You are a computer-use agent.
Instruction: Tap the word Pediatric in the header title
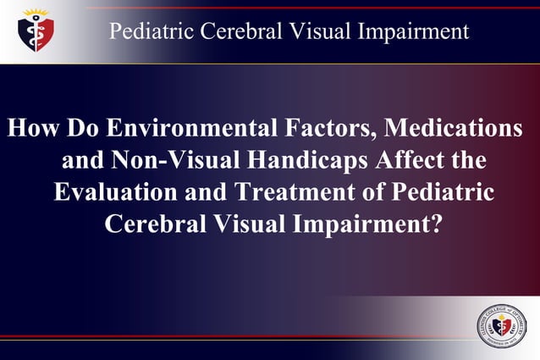150,32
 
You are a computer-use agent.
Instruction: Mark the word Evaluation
119,192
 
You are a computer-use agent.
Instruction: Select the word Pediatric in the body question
444,192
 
